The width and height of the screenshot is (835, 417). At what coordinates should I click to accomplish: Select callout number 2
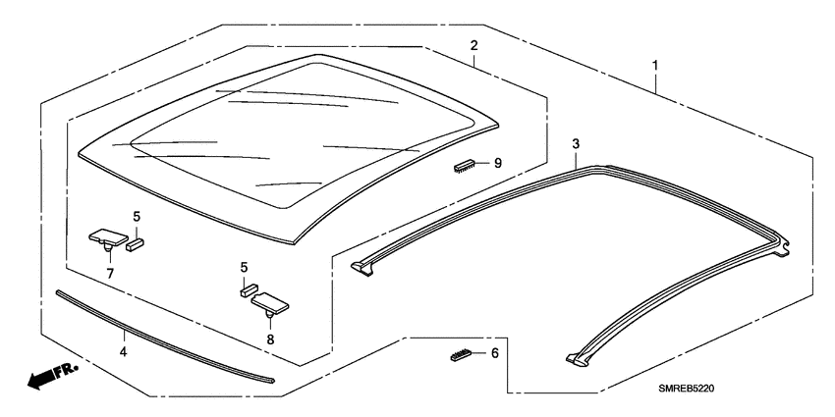coord(473,46)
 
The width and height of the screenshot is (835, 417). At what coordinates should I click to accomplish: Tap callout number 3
coord(576,144)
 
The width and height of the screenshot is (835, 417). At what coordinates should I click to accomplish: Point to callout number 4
coord(124,350)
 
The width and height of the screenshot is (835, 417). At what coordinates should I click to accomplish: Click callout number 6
coord(494,352)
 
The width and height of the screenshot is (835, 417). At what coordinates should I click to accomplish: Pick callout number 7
coord(110,273)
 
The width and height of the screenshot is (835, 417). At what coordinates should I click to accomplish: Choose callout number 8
coord(270,339)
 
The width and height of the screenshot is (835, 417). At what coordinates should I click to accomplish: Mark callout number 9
coord(497,164)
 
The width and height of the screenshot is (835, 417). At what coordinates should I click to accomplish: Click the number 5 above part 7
coord(137,216)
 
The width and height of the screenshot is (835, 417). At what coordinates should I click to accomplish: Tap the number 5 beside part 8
coord(244,267)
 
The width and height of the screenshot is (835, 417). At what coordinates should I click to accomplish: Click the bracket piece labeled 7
coord(106,236)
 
